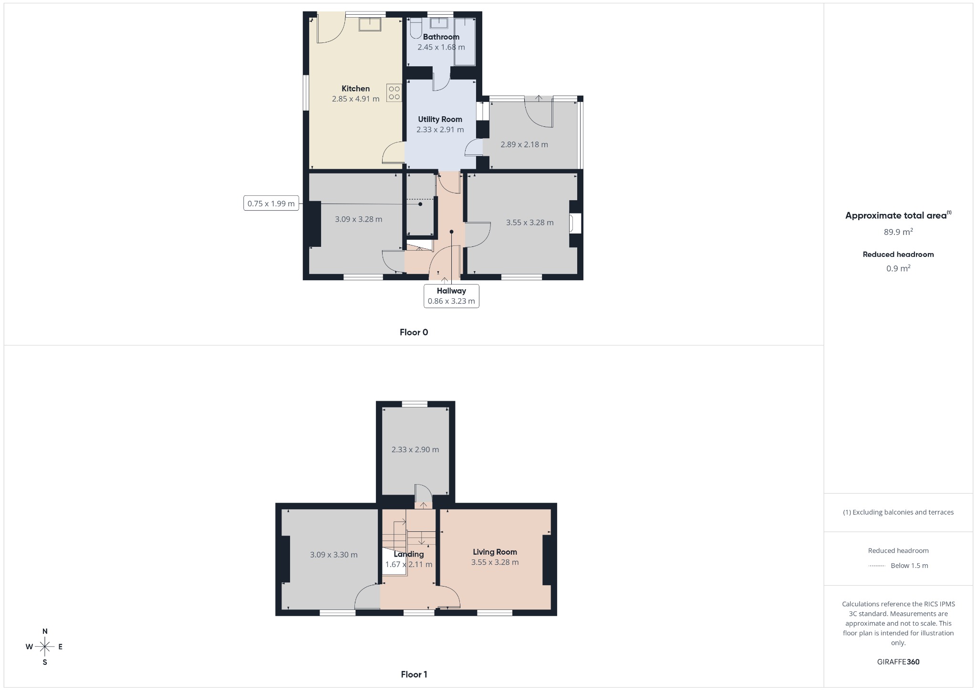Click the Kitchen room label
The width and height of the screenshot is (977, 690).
coord(355,89)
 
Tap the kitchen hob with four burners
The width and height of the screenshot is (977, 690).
coord(394,93)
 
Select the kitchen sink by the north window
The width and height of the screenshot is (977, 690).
coord(370,24)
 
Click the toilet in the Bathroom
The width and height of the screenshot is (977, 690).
coord(416,28)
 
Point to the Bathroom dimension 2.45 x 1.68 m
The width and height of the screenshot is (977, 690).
coord(441,47)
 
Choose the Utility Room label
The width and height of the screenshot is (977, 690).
coord(440,120)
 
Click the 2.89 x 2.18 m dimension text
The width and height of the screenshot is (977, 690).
coord(524,144)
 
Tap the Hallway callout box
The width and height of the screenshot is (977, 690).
coord(451,296)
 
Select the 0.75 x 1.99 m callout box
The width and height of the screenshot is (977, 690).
coord(271,203)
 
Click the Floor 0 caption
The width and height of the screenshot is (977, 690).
coord(414,332)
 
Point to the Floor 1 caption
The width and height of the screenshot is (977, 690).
coord(414,674)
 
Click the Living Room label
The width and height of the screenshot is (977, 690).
coord(495,552)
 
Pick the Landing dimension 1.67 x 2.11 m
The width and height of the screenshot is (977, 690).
coord(408,564)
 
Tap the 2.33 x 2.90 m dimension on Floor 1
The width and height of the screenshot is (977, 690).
coord(415,449)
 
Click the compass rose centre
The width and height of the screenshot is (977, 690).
coord(45,647)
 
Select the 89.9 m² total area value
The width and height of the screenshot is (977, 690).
coord(898,232)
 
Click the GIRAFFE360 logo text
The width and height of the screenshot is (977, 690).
coord(898,662)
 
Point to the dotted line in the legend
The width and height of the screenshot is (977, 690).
coord(877,566)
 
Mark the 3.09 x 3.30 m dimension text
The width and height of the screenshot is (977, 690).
coord(333,555)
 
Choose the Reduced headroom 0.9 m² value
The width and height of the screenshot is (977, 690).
coord(898,268)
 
